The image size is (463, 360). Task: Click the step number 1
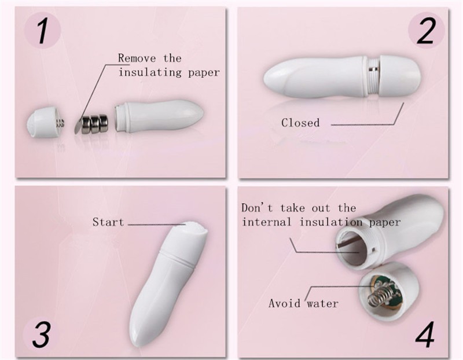click(43, 31)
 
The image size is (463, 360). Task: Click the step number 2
click(425, 31)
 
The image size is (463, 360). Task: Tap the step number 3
click(41, 335)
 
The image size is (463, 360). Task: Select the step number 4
click(425, 335)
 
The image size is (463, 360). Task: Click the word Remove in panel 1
click(137, 58)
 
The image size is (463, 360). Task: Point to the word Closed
click(300, 123)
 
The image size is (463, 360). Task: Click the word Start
click(108, 222)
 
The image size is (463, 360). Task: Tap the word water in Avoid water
click(322, 303)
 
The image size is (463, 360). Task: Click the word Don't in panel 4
click(257, 208)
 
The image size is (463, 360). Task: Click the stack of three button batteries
click(94, 124)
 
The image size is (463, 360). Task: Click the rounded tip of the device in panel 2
click(268, 78)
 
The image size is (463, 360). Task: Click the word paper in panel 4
click(385, 223)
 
